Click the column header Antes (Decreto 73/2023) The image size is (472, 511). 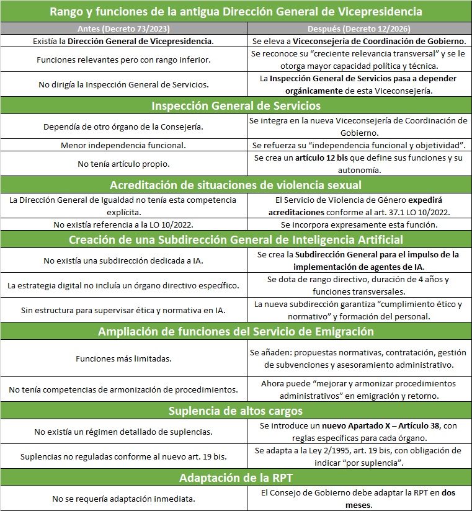tap(123, 29)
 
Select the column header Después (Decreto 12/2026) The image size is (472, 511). tap(359, 29)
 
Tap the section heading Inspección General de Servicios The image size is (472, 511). tap(236, 105)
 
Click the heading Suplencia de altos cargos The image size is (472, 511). tap(236, 411)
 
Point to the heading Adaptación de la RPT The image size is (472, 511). tap(236, 478)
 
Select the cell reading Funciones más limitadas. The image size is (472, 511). tap(123, 358)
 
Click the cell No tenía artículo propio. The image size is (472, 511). tap(123, 164)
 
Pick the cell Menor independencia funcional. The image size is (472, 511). tap(123, 145)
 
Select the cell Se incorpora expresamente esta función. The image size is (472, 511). tap(359, 224)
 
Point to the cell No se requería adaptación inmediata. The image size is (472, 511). tap(123, 499)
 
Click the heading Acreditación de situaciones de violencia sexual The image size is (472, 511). tap(236, 185)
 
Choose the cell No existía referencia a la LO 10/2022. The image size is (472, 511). tap(123, 224)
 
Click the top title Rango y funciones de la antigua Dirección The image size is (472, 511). tap(236, 12)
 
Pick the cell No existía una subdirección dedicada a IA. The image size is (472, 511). tap(123, 260)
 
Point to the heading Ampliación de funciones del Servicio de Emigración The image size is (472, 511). tap(236, 331)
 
